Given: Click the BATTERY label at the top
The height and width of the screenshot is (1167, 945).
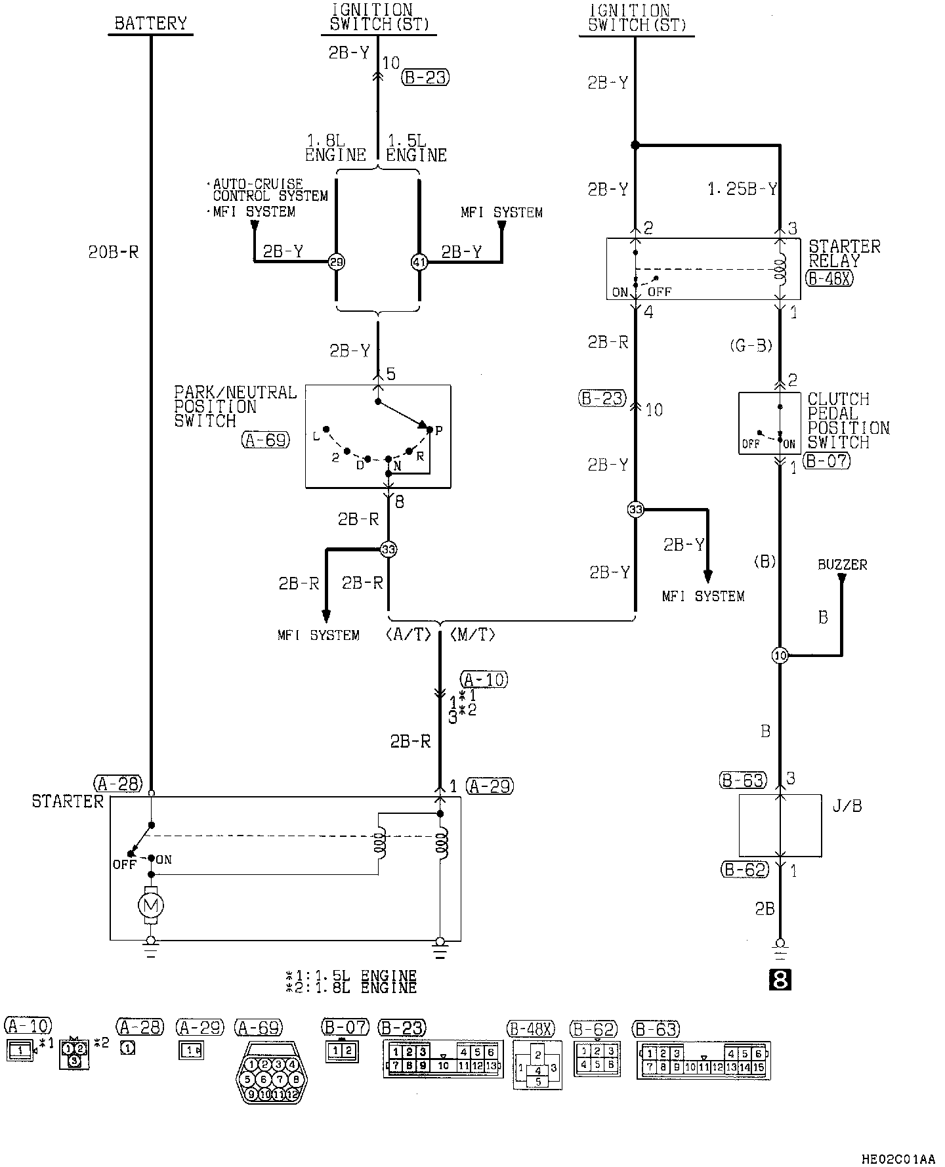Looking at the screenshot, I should (x=150, y=24).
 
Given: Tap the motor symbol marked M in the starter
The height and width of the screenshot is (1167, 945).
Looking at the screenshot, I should (x=151, y=906).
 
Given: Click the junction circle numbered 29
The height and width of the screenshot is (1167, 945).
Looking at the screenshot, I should (x=336, y=262).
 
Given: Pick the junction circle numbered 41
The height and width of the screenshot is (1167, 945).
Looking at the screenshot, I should (x=419, y=262).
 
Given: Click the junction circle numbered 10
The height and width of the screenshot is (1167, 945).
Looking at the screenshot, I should (x=780, y=655).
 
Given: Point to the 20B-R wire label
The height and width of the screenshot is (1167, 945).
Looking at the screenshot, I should (x=114, y=253).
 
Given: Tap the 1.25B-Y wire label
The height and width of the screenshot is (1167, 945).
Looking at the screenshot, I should (x=742, y=190).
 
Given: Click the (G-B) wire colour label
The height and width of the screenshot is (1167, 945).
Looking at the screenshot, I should (x=751, y=345).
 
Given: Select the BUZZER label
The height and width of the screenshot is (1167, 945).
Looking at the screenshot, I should (x=842, y=564).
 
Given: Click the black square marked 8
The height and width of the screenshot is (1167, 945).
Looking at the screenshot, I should (x=780, y=981).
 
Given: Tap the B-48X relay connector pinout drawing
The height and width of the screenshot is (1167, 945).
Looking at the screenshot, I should (x=537, y=1069).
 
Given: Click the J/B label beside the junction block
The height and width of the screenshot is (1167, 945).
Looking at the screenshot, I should (x=847, y=806).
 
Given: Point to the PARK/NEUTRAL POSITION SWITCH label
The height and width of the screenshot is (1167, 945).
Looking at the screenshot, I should (x=235, y=406).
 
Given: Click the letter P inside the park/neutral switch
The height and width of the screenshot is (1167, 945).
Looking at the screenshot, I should (x=438, y=431).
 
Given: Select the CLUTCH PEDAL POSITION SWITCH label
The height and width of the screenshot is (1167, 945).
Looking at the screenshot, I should (x=848, y=421).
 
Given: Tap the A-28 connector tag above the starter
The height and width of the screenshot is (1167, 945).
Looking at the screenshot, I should (x=118, y=783).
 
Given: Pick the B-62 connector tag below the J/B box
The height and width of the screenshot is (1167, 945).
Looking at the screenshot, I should (x=744, y=870).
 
